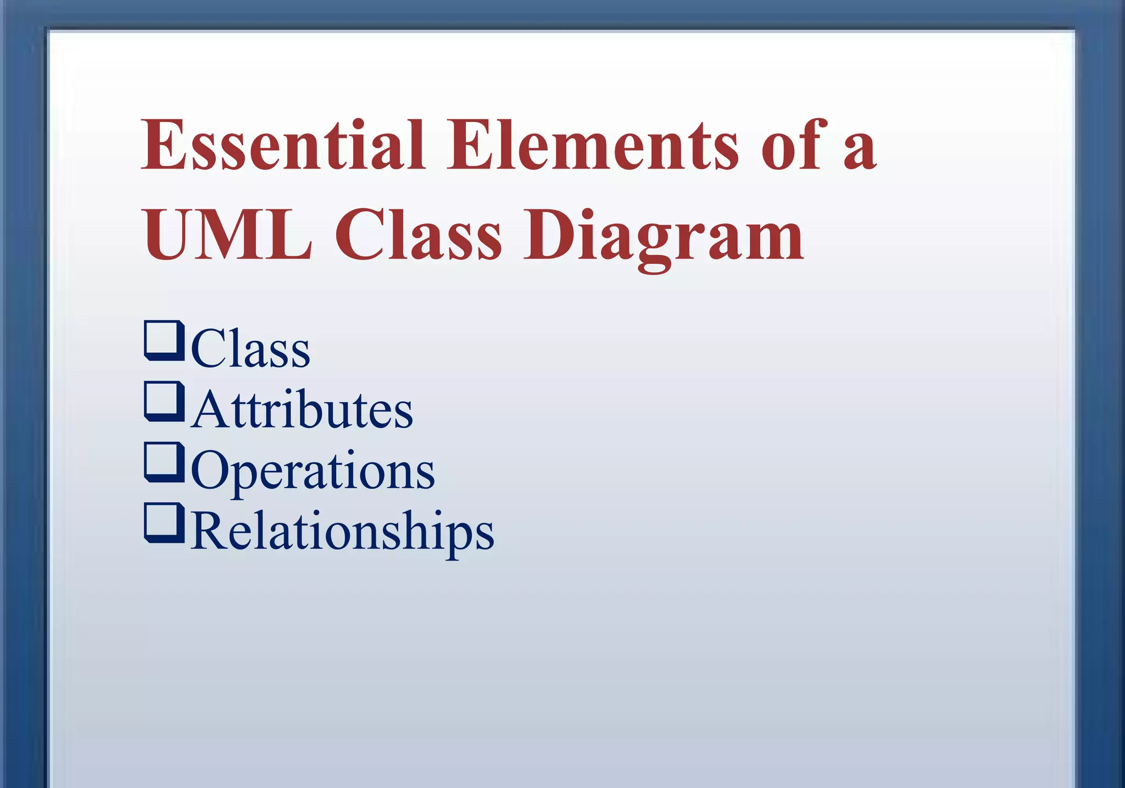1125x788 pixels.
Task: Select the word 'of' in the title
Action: (x=794, y=146)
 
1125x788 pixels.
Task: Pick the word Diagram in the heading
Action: (x=664, y=239)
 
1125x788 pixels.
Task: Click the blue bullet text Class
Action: (x=250, y=348)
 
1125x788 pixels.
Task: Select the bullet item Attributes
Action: (x=302, y=409)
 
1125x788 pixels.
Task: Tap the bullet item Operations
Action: (x=313, y=471)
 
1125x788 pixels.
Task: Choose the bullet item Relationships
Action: (x=343, y=532)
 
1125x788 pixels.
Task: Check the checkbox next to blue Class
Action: (x=163, y=340)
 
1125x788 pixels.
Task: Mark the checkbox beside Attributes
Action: (x=163, y=401)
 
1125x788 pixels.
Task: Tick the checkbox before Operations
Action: (x=163, y=462)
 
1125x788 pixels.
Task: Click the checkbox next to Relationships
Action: (x=163, y=523)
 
